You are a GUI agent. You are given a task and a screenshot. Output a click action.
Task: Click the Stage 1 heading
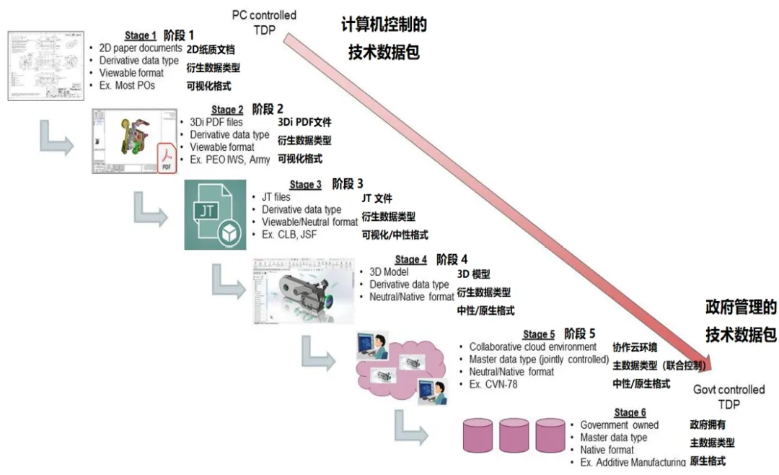tap(141, 35)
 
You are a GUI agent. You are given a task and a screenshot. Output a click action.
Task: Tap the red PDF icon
tap(167, 158)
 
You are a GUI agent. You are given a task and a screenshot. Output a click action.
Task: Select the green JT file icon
tap(216, 215)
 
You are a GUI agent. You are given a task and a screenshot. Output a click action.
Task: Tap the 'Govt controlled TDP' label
tap(729, 396)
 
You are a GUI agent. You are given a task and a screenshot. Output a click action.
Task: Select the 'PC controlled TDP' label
tap(264, 21)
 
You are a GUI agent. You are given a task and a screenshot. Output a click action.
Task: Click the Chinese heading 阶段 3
tap(348, 184)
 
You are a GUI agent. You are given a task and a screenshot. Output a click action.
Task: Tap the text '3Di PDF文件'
tap(304, 123)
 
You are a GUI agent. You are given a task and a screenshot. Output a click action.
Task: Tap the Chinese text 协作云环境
tap(635, 347)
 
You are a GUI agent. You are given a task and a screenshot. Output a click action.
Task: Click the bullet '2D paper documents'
tap(141, 48)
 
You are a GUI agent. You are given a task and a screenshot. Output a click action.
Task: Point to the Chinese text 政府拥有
tap(708, 424)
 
